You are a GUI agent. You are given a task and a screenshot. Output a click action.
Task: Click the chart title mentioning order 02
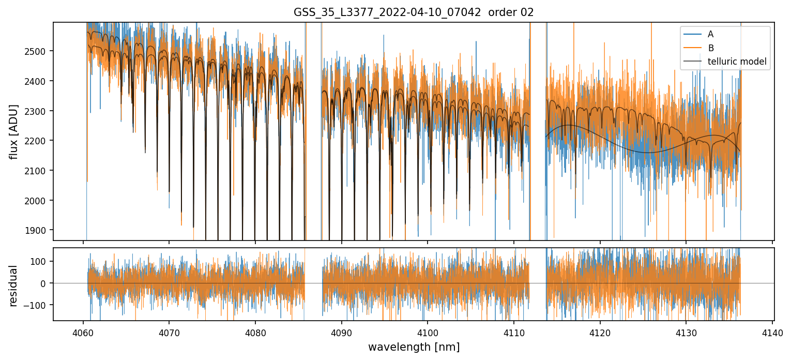414,12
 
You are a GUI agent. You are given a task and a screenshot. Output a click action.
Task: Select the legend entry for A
710,34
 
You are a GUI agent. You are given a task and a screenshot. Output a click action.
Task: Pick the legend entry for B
710,48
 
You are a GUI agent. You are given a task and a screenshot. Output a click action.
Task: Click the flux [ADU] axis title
14,131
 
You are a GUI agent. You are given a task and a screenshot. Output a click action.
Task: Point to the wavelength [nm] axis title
414,347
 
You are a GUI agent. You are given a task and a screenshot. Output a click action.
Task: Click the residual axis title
14,286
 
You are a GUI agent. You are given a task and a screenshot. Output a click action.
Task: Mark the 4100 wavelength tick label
428,332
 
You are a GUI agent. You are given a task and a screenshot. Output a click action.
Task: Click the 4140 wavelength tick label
772,332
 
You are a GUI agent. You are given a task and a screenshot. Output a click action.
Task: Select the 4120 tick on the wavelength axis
600,332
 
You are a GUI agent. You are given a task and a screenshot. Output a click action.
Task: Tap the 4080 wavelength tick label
255,332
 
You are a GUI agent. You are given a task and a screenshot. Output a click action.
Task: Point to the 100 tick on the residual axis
41,261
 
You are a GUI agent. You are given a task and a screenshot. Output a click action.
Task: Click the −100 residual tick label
39,305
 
